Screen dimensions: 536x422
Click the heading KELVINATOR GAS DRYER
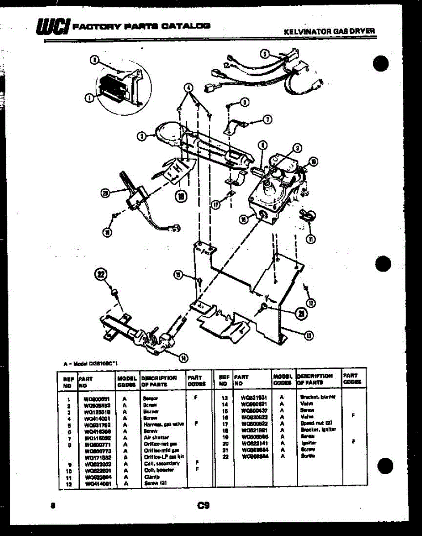coord(329,32)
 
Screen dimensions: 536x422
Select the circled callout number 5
coord(265,54)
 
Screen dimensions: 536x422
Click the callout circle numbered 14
coord(182,357)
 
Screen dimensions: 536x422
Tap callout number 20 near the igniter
coord(105,193)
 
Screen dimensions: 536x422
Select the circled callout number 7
coord(267,119)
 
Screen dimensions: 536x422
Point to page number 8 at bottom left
coord(53,506)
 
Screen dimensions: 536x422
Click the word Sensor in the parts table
coord(149,398)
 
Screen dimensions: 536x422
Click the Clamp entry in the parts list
coord(149,477)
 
